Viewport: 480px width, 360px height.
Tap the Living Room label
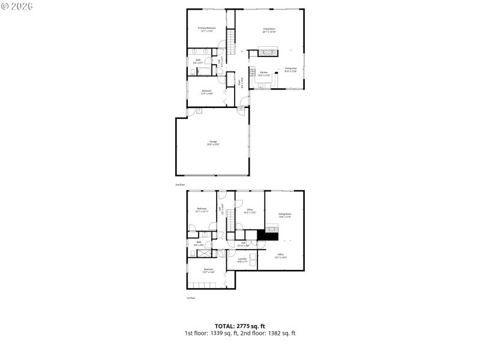269,31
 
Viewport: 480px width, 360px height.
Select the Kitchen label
264,74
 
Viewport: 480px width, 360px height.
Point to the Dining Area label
291,70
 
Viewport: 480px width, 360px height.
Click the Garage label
213,143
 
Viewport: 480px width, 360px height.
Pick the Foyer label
241,83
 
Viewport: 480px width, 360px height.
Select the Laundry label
242,260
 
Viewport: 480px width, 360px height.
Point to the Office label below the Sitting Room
281,256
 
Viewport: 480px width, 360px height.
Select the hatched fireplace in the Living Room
268,52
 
